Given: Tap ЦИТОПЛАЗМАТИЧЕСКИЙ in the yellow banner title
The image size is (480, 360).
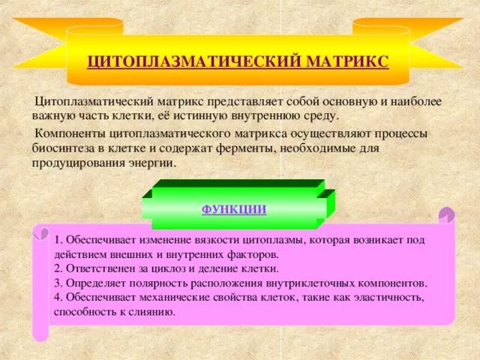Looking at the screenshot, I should [194, 60].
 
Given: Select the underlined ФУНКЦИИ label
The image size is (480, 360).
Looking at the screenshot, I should [234, 209].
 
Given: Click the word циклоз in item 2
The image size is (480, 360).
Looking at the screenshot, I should [160, 268].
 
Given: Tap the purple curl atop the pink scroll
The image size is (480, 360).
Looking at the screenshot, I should [446, 215].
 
